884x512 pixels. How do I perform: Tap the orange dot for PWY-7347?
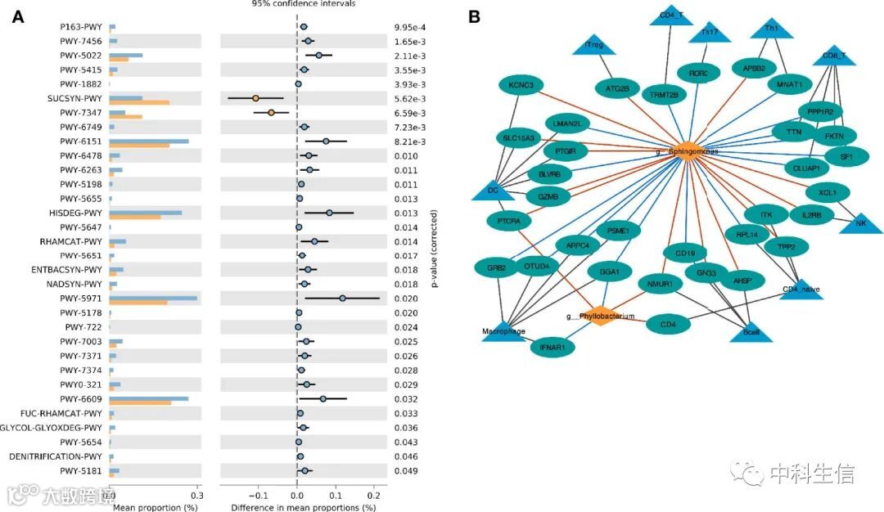(x=271, y=112)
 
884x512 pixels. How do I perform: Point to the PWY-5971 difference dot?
(x=342, y=299)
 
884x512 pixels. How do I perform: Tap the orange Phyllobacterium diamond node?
(x=601, y=316)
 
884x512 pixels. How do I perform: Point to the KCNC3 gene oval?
(x=521, y=85)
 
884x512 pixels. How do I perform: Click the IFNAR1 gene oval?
(x=557, y=348)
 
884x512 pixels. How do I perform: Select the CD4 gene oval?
(x=668, y=325)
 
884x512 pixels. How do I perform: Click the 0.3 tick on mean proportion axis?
(x=196, y=495)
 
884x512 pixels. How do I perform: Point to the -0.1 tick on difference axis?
(x=258, y=495)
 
